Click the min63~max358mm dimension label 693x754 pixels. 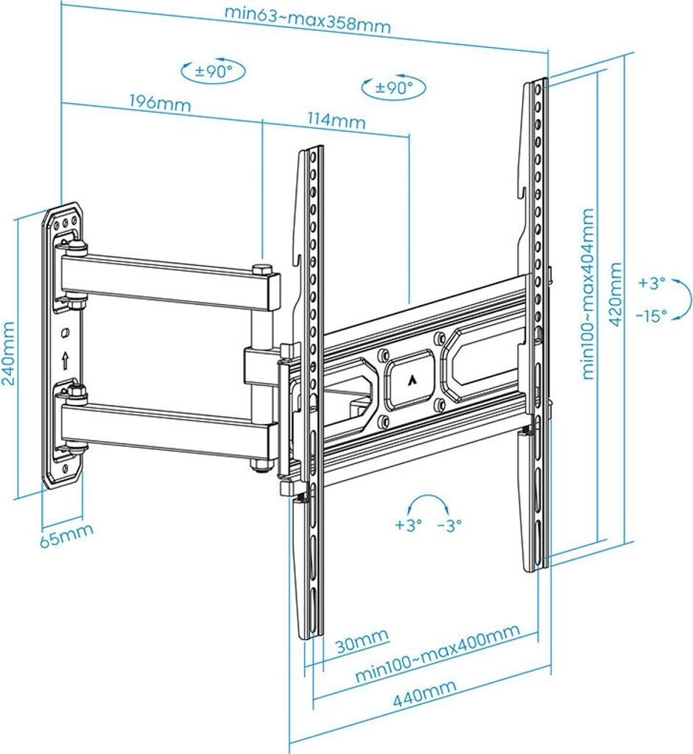(307, 20)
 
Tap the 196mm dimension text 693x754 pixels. (160, 102)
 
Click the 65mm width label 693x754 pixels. (66, 535)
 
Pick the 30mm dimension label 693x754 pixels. (362, 643)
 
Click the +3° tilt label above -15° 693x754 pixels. (652, 282)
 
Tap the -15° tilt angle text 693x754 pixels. (650, 314)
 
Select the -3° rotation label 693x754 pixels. (449, 525)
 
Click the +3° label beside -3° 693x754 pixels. (408, 525)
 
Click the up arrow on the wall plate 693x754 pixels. (66, 361)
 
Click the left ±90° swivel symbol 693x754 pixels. (213, 71)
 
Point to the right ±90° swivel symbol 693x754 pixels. (393, 88)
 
